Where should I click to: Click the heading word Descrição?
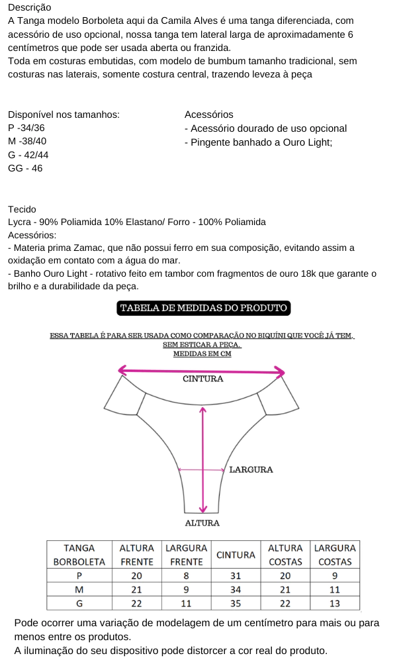(30, 7)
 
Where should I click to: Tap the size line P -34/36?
(27, 128)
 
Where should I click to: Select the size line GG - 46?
(25, 168)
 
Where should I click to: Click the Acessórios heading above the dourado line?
(209, 115)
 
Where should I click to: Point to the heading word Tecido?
(22, 209)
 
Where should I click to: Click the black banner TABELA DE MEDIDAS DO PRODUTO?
(203, 308)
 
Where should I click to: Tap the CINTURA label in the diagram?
(202, 379)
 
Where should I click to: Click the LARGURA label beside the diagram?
(251, 469)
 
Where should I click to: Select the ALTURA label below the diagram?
(202, 523)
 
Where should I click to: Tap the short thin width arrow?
(202, 470)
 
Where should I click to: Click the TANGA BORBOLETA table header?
(79, 555)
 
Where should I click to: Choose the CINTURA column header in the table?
(236, 555)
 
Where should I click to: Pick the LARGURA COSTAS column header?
(334, 555)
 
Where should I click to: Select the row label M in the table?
(79, 589)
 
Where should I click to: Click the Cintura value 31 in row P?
(236, 575)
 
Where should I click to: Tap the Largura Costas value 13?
(334, 603)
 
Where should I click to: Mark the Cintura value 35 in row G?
(236, 603)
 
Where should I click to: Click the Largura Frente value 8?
(186, 575)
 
